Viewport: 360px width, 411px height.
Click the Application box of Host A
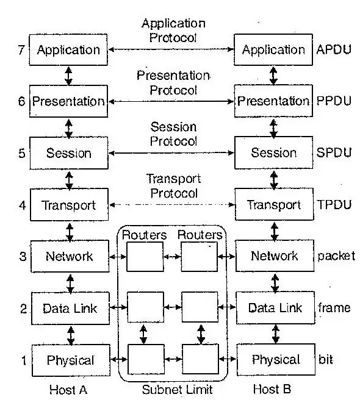click(68, 49)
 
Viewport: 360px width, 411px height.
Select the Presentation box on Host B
click(273, 101)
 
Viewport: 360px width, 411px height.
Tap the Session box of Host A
click(68, 152)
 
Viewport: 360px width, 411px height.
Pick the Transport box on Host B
click(273, 204)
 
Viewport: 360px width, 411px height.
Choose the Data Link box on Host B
click(275, 307)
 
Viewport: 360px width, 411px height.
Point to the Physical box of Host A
click(70, 360)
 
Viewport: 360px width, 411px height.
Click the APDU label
click(334, 49)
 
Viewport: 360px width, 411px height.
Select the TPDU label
click(334, 204)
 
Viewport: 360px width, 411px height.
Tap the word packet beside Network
click(336, 256)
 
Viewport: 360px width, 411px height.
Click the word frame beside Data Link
click(334, 307)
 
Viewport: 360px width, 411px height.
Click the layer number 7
click(21, 49)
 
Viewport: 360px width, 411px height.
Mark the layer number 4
click(21, 204)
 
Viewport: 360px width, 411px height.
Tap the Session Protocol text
click(173, 134)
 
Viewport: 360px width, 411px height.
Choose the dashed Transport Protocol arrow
click(171, 204)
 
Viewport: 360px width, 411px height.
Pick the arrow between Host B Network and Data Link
click(275, 282)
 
